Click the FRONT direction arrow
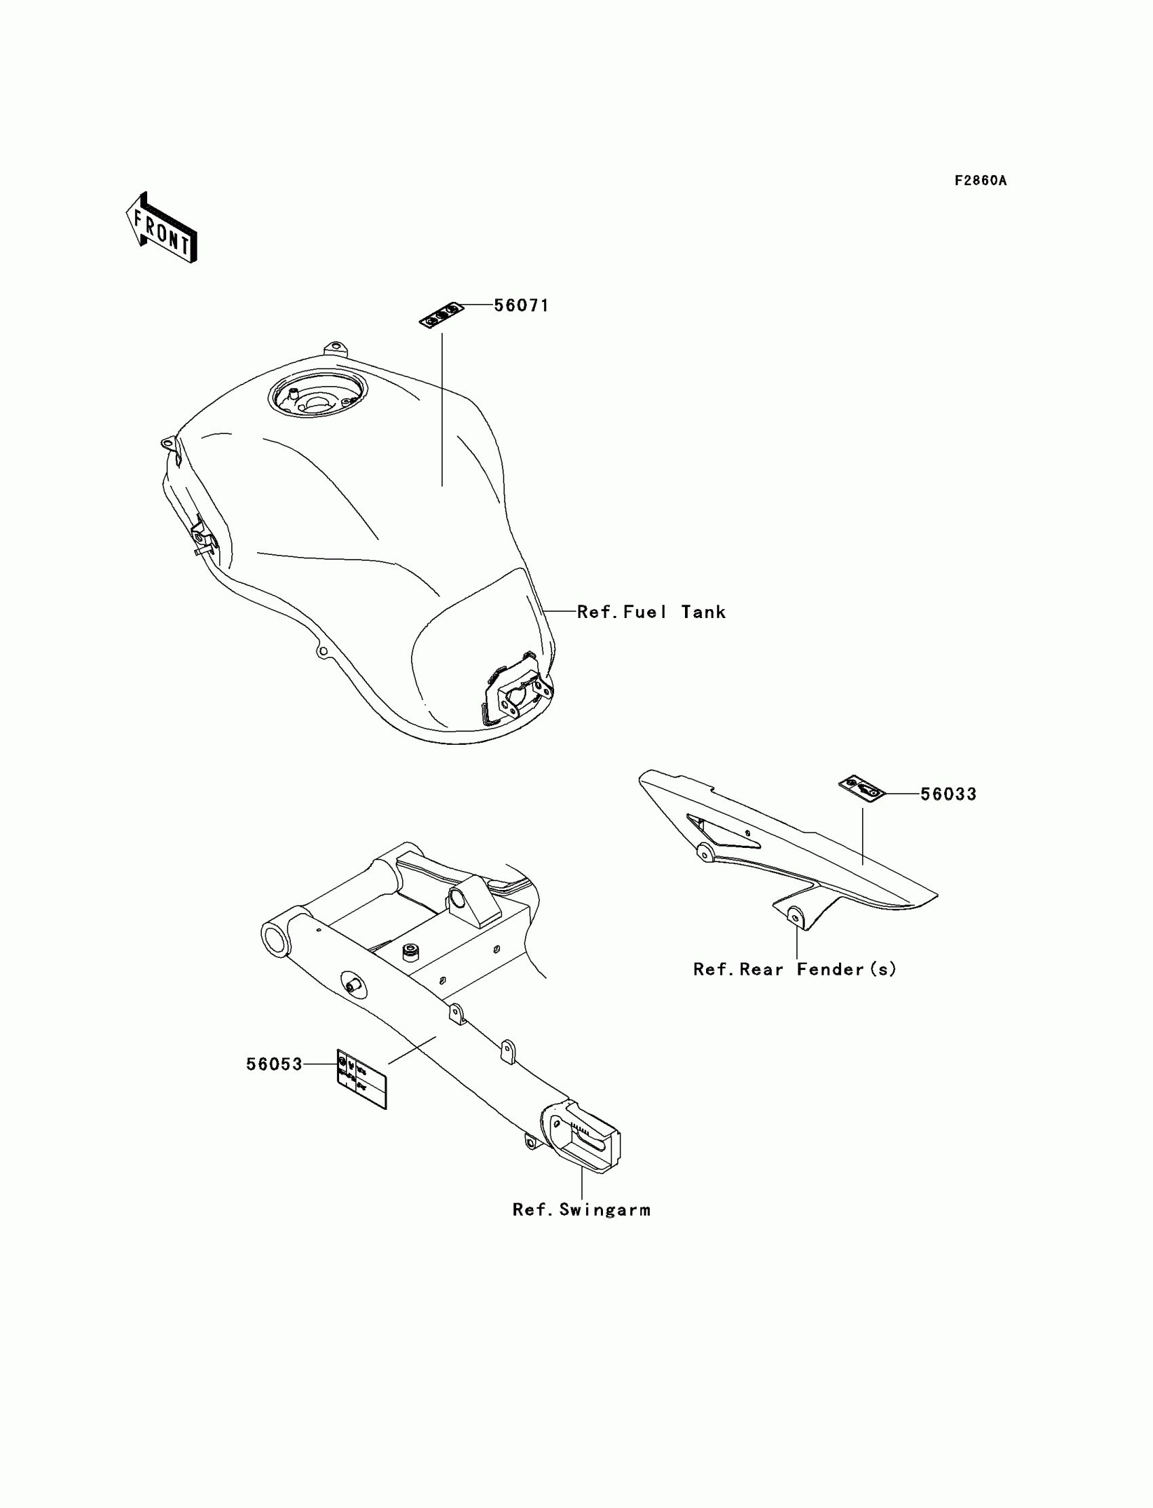pos(161,229)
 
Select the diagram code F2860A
pos(981,180)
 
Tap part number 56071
pos(522,305)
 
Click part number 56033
pos(947,794)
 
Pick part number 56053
pos(274,1064)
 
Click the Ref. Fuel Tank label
pos(650,613)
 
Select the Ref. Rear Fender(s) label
pos(795,969)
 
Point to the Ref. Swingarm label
pos(581,1210)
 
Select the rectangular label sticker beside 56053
pos(361,1079)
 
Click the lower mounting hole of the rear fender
pos(796,915)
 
